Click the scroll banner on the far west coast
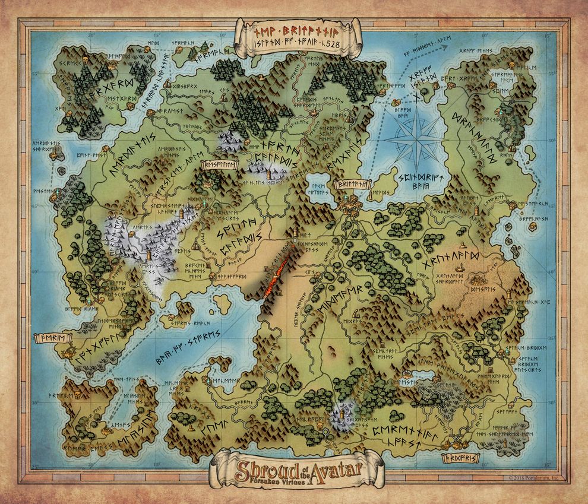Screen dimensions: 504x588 click(54, 338)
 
